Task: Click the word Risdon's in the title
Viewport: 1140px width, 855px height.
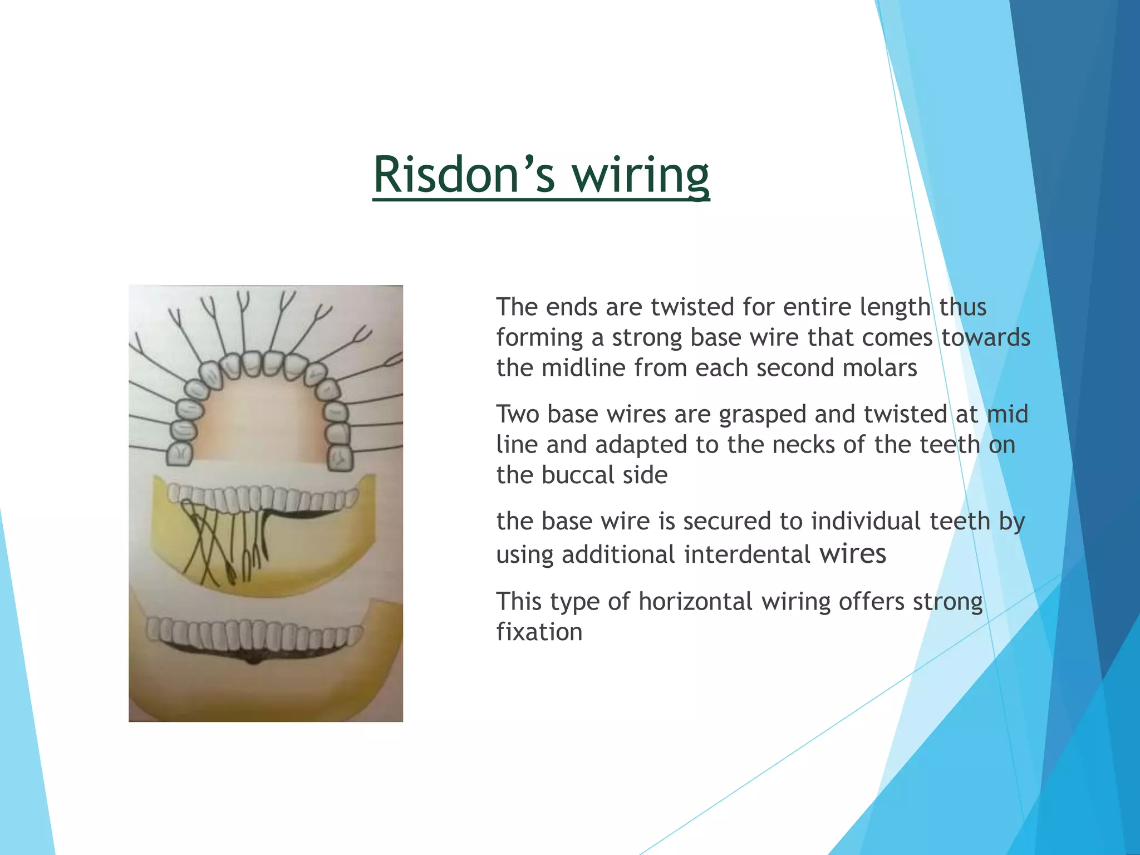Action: coord(464,174)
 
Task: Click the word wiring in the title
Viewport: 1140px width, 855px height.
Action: coord(641,174)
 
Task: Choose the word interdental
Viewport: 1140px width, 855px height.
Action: coord(746,554)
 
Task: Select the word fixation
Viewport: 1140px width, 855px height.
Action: coord(539,632)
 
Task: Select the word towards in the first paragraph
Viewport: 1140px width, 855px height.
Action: coord(985,338)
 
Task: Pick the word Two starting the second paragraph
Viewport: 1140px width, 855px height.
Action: coord(517,415)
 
